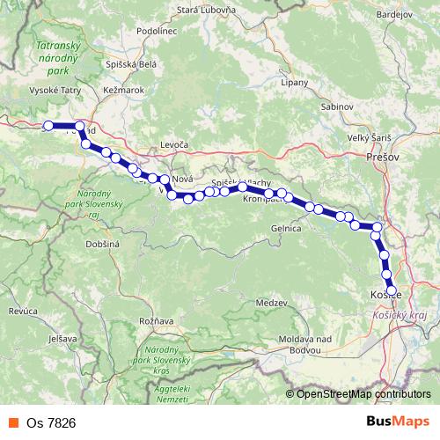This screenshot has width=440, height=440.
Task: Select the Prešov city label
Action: [383, 156]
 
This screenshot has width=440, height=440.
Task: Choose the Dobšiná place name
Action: [102, 243]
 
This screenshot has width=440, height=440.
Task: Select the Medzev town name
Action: [270, 303]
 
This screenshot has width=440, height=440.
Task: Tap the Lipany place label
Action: [294, 83]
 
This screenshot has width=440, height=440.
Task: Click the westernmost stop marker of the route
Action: [49, 126]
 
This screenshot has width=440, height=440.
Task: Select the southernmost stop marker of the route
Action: [392, 290]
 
